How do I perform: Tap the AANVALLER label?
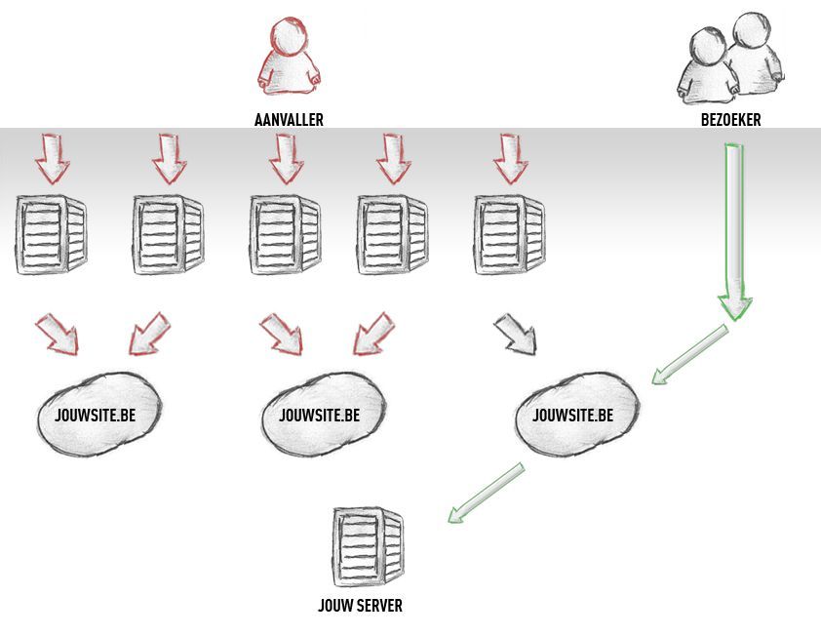(289, 120)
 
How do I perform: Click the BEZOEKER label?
(730, 120)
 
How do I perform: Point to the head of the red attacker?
(289, 36)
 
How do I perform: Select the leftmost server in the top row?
(51, 234)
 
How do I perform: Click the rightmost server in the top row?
(509, 234)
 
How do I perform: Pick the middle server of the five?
(285, 234)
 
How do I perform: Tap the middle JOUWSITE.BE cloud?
(324, 414)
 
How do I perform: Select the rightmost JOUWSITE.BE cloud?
(577, 414)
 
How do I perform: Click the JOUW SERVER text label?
(360, 606)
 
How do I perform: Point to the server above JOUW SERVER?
(369, 547)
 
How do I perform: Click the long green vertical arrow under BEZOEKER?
(734, 232)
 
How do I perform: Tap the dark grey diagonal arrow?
(515, 334)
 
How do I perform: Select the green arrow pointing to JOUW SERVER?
(486, 493)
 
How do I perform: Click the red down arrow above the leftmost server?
(53, 159)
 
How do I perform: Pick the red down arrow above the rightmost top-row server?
(511, 159)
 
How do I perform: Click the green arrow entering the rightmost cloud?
(690, 354)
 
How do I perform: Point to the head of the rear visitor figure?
(752, 31)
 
